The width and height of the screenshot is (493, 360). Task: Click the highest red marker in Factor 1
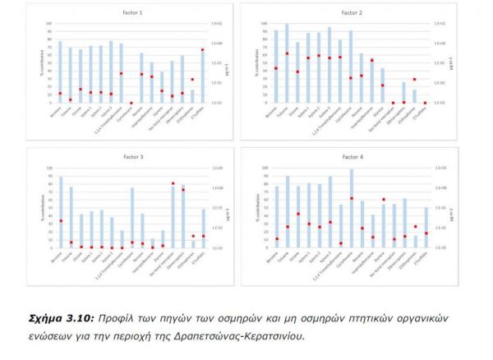tap(202, 50)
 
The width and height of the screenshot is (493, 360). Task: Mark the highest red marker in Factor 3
tap(173, 183)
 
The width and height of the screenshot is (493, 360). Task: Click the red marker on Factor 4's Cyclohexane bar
tap(351, 198)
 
